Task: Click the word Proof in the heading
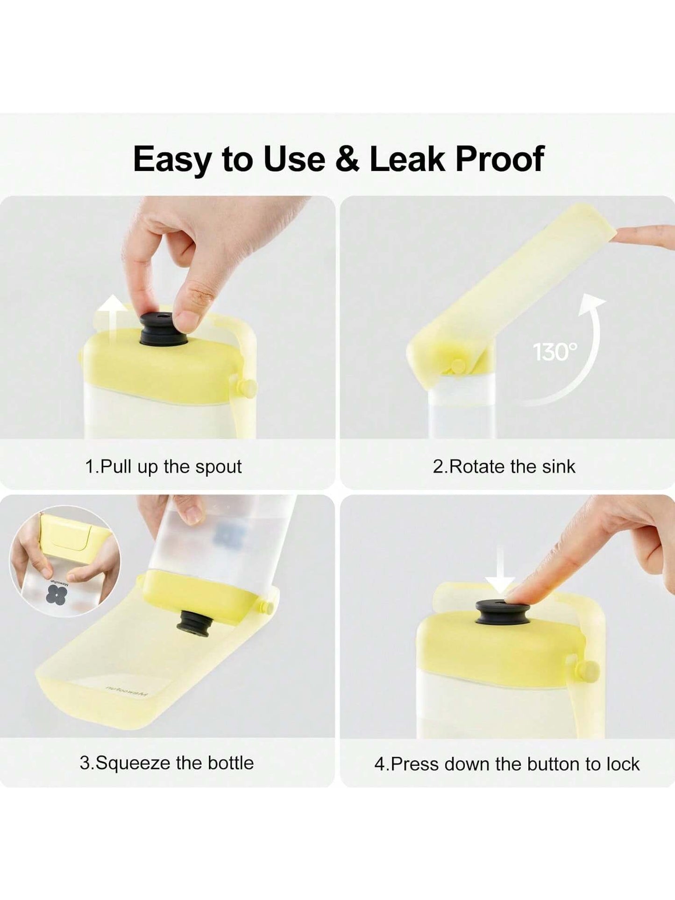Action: tap(499, 159)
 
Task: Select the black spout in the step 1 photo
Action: tap(163, 329)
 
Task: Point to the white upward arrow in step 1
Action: tap(111, 322)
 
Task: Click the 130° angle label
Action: tap(555, 352)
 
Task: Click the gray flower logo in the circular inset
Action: tap(57, 595)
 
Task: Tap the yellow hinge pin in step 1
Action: tap(247, 388)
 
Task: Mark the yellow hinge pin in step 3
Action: tap(267, 608)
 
